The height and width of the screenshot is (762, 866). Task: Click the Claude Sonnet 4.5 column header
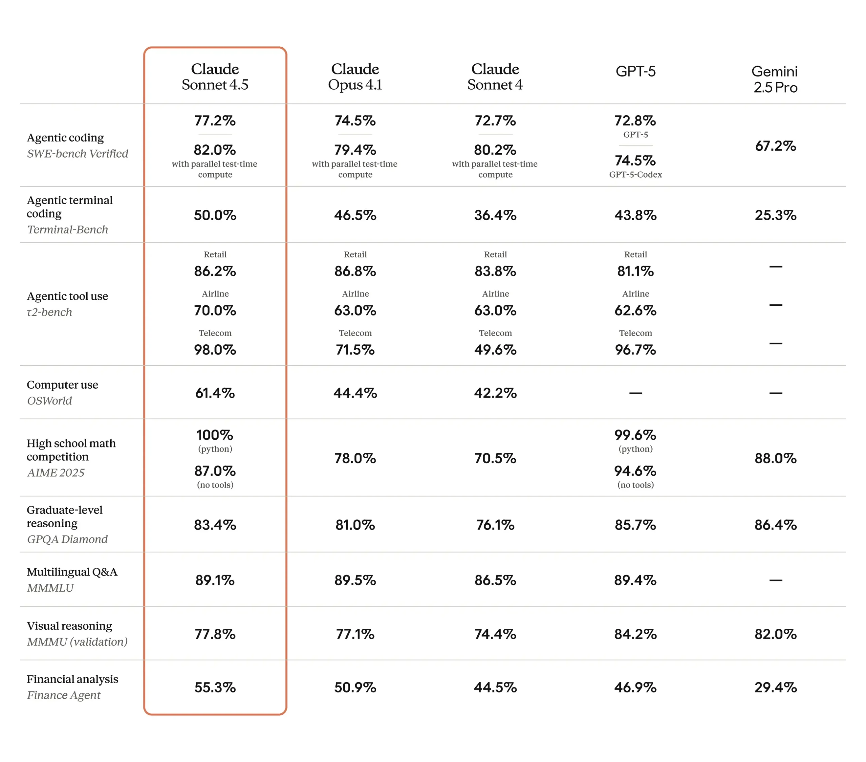pyautogui.click(x=215, y=77)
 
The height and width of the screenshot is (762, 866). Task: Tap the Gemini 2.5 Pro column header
pyautogui.click(x=775, y=79)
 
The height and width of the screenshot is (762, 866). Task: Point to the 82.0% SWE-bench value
pyautogui.click(x=215, y=150)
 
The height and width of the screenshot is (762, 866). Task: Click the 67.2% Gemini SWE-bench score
pyautogui.click(x=775, y=146)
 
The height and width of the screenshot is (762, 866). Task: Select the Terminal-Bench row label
pyautogui.click(x=68, y=230)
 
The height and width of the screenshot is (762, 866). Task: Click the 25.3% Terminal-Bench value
pyautogui.click(x=775, y=215)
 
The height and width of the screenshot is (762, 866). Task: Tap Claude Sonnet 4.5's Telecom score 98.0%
pyautogui.click(x=215, y=350)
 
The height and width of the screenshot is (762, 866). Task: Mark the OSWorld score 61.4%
pyautogui.click(x=215, y=393)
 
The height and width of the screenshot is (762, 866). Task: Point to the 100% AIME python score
pyautogui.click(x=215, y=435)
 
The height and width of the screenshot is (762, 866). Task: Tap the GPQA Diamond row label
pyautogui.click(x=67, y=539)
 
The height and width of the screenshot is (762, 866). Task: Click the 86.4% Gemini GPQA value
pyautogui.click(x=775, y=525)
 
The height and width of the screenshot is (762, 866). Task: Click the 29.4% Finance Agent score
pyautogui.click(x=775, y=688)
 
